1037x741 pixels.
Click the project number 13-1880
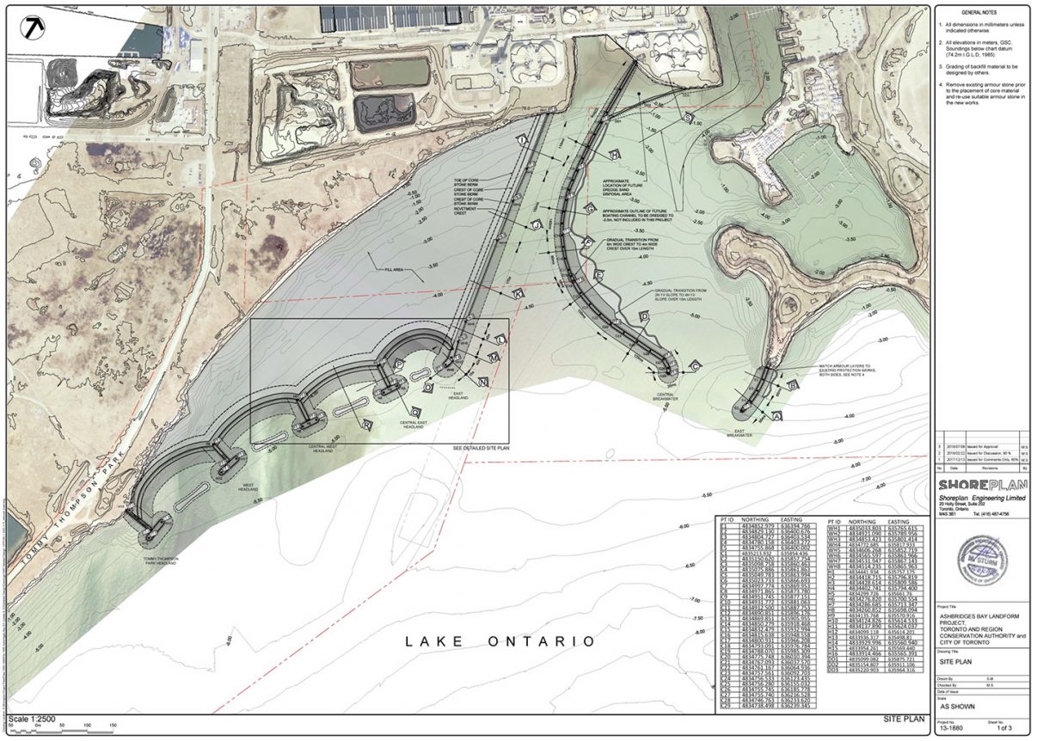tap(950, 727)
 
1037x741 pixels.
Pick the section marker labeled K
tap(518, 294)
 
